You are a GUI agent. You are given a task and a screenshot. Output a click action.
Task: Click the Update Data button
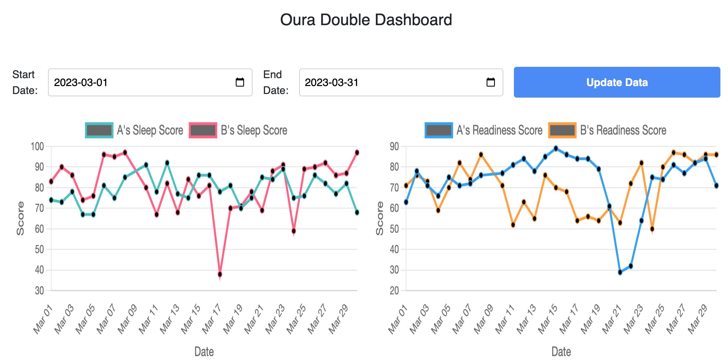617,82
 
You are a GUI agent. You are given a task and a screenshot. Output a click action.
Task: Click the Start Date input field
142,82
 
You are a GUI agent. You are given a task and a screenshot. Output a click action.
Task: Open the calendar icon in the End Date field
490,82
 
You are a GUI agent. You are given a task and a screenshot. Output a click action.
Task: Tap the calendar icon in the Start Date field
240,82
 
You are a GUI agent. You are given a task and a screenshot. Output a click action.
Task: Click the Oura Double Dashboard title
366,20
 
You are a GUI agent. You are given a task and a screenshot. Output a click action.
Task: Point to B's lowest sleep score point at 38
220,274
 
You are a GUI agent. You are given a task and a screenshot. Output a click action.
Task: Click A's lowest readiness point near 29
620,272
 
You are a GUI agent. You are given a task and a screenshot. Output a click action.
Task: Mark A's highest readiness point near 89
556,149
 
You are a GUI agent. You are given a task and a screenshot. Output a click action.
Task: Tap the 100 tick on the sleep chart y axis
37,147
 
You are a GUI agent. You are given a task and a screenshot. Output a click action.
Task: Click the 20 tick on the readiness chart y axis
394,291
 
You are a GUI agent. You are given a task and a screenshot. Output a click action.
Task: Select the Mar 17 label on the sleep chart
212,319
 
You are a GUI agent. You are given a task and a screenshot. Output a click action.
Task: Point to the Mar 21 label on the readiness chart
612,319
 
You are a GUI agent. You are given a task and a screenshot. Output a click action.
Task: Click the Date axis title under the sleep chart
204,351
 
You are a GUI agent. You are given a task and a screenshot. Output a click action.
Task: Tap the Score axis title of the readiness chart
380,218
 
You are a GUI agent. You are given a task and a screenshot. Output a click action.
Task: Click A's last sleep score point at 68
357,212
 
